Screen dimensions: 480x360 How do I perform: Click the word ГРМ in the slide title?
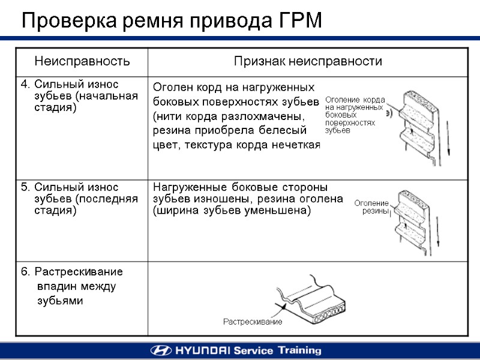tap(301, 21)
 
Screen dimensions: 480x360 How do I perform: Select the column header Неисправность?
tap(82, 61)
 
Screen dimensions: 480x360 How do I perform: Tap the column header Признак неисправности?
tap(308, 61)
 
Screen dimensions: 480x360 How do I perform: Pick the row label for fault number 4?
tap(78, 95)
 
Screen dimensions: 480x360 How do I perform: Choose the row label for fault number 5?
tap(78, 199)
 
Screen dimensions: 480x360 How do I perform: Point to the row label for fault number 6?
tap(72, 286)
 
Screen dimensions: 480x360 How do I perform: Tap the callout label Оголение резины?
tap(372, 207)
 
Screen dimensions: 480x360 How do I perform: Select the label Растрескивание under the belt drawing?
tap(253, 322)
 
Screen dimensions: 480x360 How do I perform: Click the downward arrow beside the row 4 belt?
tap(448, 144)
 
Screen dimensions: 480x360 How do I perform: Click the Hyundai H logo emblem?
tap(159, 350)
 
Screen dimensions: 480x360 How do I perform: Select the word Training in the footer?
tap(298, 350)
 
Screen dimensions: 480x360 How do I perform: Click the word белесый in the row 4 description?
tap(286, 130)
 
